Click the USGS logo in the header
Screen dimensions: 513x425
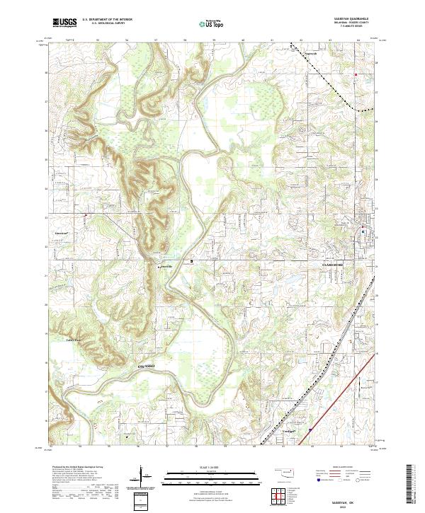(64, 23)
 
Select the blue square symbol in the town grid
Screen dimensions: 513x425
(363, 231)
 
